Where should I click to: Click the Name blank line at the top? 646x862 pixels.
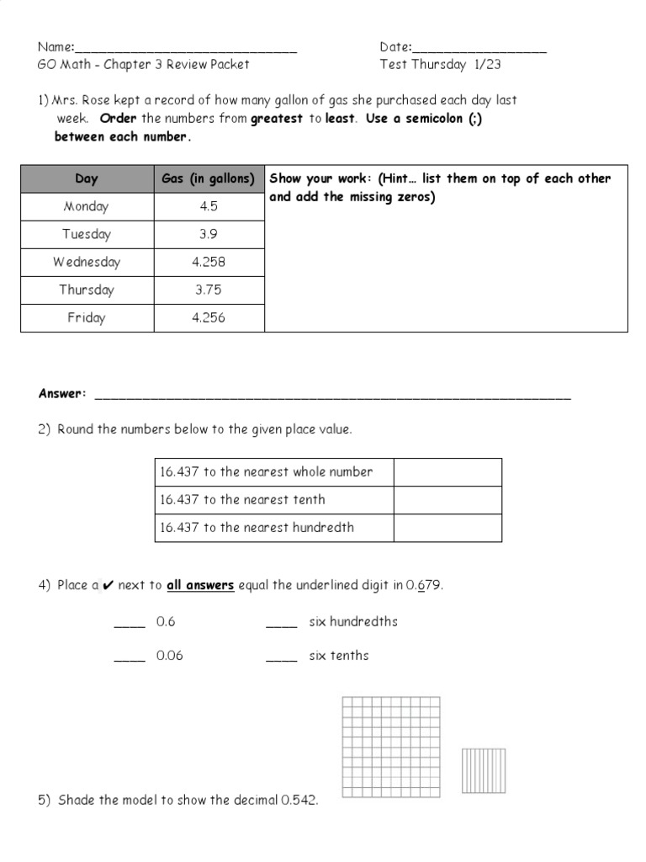tap(186, 50)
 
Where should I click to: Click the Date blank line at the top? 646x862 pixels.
tap(479, 50)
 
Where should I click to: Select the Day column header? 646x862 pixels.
tap(87, 178)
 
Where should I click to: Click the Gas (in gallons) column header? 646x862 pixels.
tap(209, 178)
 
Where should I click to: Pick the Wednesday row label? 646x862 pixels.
tap(87, 262)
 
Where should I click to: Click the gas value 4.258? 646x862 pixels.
tap(209, 262)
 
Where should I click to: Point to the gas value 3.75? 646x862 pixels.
tap(209, 290)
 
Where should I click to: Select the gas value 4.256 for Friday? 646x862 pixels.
tap(209, 317)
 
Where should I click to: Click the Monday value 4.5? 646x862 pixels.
tap(209, 206)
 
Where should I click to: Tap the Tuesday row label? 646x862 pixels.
tap(87, 234)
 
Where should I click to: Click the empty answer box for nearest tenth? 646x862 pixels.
tap(447, 500)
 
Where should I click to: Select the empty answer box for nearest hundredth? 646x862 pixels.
tap(447, 528)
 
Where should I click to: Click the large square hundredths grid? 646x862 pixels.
tap(391, 746)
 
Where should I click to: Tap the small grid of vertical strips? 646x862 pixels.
tap(483, 770)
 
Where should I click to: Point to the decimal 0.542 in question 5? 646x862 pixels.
tap(299, 801)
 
